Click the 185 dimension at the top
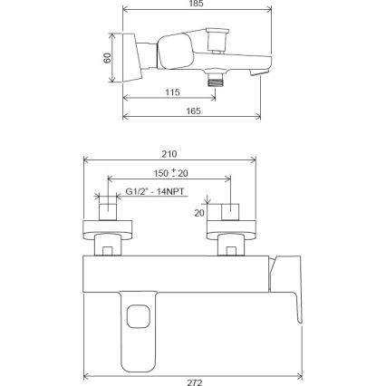point(197,5)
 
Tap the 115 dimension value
point(172,92)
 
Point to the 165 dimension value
point(193,111)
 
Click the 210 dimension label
point(169,154)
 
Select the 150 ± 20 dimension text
point(169,172)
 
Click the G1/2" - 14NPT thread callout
point(153,192)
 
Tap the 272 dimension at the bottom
point(193,381)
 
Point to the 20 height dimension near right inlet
point(199,213)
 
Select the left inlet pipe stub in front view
point(109,211)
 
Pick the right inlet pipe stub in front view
point(231,211)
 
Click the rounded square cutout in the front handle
point(138,316)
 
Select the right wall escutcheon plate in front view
point(231,227)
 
